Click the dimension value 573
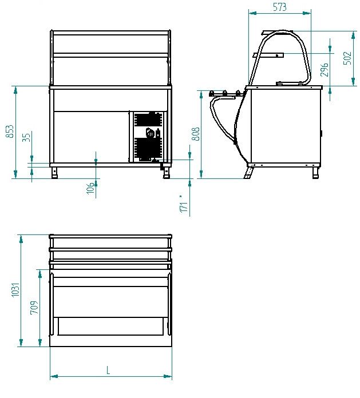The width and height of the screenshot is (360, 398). click(280, 7)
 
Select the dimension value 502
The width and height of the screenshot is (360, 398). click(347, 58)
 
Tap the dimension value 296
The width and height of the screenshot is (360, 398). click(324, 70)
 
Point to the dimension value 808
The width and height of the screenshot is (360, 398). click(195, 134)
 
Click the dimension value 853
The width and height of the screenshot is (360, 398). click(9, 131)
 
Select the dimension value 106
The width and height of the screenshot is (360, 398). click(90, 188)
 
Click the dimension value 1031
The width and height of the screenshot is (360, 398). click(15, 289)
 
